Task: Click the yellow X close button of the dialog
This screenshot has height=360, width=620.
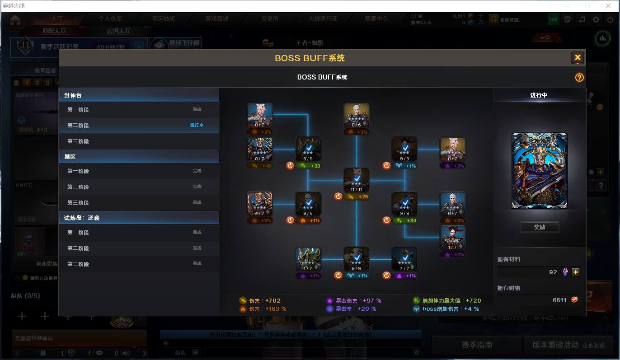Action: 578,58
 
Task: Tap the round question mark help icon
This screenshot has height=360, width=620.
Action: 579,77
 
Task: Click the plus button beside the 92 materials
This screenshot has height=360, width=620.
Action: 575,272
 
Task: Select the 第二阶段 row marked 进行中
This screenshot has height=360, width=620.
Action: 139,125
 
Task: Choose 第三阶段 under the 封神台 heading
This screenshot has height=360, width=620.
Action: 139,141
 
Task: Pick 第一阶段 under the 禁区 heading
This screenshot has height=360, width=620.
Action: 139,171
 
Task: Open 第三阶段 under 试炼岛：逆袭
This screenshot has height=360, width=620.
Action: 139,264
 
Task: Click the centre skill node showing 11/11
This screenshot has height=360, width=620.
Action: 357,180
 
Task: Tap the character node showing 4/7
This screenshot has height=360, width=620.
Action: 260,204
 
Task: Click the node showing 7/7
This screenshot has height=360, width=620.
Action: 404,259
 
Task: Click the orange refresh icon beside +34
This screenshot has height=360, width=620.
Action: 386,220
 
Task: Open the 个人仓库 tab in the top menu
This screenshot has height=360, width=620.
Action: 110,19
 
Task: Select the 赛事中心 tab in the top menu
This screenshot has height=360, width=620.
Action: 376,19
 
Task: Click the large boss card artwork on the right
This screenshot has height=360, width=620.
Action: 539,171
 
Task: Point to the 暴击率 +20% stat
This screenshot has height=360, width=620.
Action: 352,309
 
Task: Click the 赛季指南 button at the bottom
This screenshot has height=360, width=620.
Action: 476,345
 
